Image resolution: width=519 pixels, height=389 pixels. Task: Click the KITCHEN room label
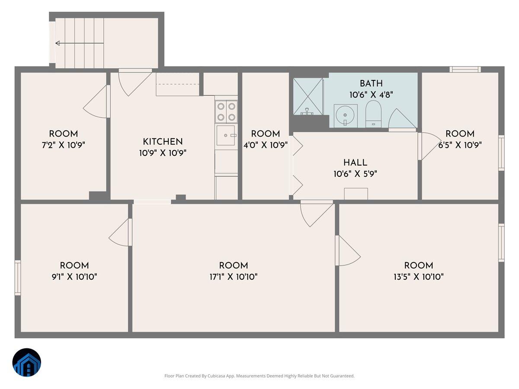[163, 141]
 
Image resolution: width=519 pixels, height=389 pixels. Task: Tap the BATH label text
[371, 83]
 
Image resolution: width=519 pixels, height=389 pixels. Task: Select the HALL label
[355, 163]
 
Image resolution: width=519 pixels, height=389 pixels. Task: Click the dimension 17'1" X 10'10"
[234, 277]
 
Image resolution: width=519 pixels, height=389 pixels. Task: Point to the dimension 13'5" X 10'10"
[418, 277]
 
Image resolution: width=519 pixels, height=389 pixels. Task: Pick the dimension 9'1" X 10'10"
[74, 277]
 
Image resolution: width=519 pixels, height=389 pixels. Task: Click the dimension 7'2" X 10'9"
[64, 145]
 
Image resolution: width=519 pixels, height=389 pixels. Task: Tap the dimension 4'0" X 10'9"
[266, 145]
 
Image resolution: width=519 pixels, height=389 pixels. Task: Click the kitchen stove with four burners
[226, 111]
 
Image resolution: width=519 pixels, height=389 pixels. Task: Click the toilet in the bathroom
[373, 113]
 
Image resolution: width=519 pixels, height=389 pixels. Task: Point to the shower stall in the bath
[308, 96]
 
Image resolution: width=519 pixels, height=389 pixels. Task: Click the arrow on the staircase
[58, 43]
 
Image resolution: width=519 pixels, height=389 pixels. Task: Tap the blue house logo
[26, 362]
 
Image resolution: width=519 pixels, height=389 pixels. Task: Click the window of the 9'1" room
[18, 277]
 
